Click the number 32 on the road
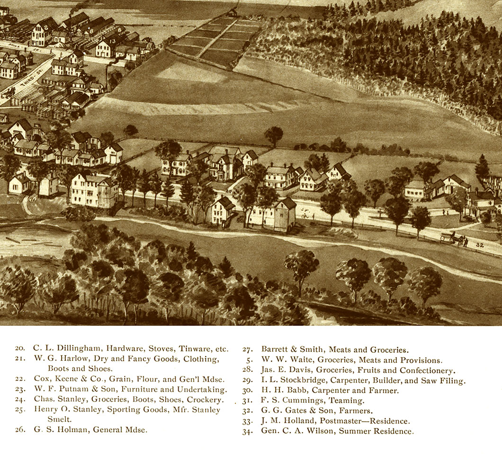pyautogui.click(x=479, y=245)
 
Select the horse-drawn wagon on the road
pyautogui.click(x=453, y=239)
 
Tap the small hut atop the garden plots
pyautogui.click(x=232, y=13)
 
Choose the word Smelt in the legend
pyautogui.click(x=59, y=419)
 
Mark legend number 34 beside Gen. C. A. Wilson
pyautogui.click(x=247, y=431)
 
